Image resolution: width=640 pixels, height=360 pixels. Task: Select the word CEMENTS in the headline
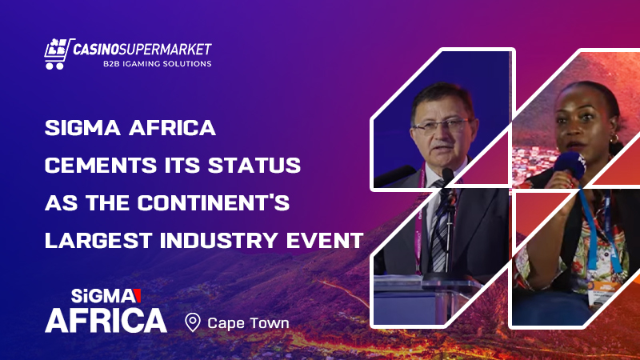pos(94,166)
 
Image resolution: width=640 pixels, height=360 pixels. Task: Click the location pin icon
pos(192,322)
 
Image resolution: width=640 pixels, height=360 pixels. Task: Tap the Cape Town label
pos(248,323)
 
